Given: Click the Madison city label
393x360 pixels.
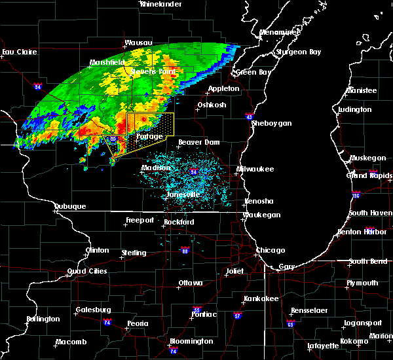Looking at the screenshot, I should pyautogui.click(x=155, y=168).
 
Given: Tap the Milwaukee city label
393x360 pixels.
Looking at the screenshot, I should pyautogui.click(x=256, y=169).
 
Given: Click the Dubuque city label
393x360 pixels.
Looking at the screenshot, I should pyautogui.click(x=70, y=207).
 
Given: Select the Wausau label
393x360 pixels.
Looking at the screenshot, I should pyautogui.click(x=138, y=43).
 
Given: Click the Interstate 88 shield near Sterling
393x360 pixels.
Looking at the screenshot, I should pyautogui.click(x=185, y=250).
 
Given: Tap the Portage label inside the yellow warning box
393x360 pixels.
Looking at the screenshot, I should pyautogui.click(x=149, y=137).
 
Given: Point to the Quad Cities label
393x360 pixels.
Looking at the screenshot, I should pyautogui.click(x=84, y=271).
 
